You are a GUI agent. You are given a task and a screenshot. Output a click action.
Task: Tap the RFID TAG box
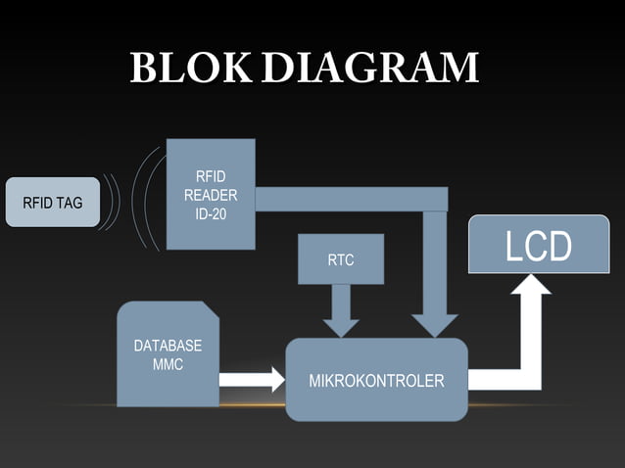point(53,203)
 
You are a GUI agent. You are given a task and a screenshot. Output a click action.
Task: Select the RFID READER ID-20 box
point(211,194)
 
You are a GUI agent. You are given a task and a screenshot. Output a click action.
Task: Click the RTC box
point(341,259)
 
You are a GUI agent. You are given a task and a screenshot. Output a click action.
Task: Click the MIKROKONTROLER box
point(376,380)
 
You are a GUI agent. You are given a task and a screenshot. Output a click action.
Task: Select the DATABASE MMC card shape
point(168,355)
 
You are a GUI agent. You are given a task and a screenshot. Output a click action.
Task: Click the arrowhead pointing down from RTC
point(341,324)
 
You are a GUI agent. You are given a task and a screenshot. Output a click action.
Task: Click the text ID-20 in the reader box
point(211,212)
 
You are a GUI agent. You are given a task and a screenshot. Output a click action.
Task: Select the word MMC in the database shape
point(168,364)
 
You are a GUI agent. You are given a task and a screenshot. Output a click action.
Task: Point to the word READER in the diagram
point(211,195)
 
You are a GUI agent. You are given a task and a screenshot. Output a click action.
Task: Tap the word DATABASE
point(168,346)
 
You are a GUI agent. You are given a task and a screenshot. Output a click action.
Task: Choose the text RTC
point(341,260)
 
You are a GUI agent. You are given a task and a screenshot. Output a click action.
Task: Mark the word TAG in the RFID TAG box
point(69,204)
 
